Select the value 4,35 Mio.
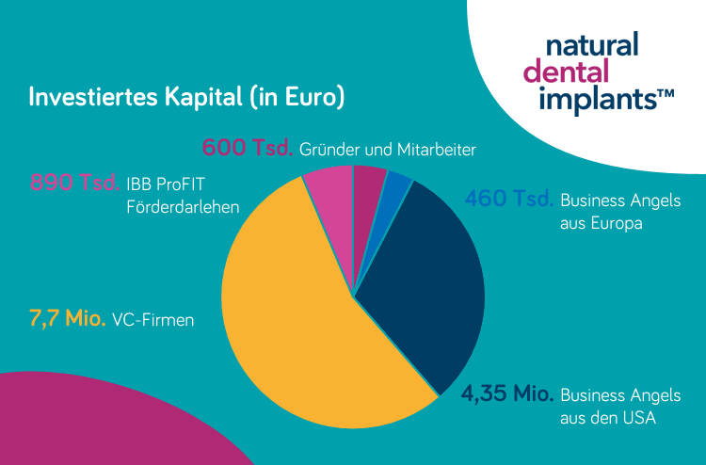pyautogui.click(x=506, y=394)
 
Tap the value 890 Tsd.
pyautogui.click(x=74, y=182)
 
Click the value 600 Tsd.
pyautogui.click(x=248, y=149)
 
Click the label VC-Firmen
pyautogui.click(x=152, y=321)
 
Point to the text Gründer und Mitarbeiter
pyautogui.click(x=387, y=150)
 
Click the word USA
pyautogui.click(x=635, y=417)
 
